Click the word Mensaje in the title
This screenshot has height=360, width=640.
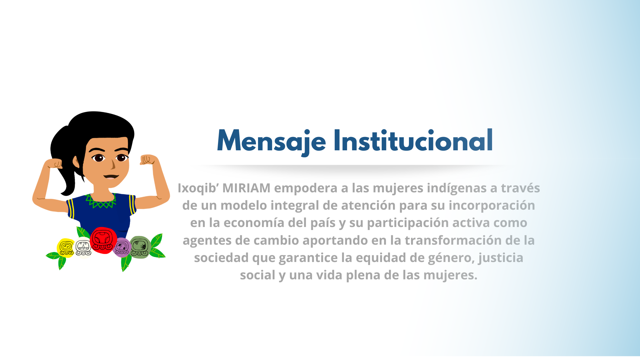pos(271,141)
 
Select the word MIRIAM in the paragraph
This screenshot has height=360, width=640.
pos(246,188)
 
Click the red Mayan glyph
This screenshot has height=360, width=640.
pos(103,240)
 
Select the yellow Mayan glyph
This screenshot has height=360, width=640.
pos(66,248)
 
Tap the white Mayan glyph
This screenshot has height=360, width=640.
pos(83,248)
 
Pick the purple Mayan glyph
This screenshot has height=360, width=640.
pos(122,248)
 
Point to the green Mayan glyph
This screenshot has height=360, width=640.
pos(140,247)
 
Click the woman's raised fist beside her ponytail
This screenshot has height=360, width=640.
pos(54,163)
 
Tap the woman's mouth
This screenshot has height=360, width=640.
pos(111,176)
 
